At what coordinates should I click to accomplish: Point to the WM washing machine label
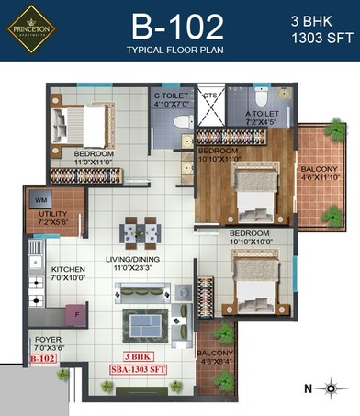coord(41,199)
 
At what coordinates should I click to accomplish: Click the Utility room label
coord(52,217)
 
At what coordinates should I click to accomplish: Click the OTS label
coord(209,96)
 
